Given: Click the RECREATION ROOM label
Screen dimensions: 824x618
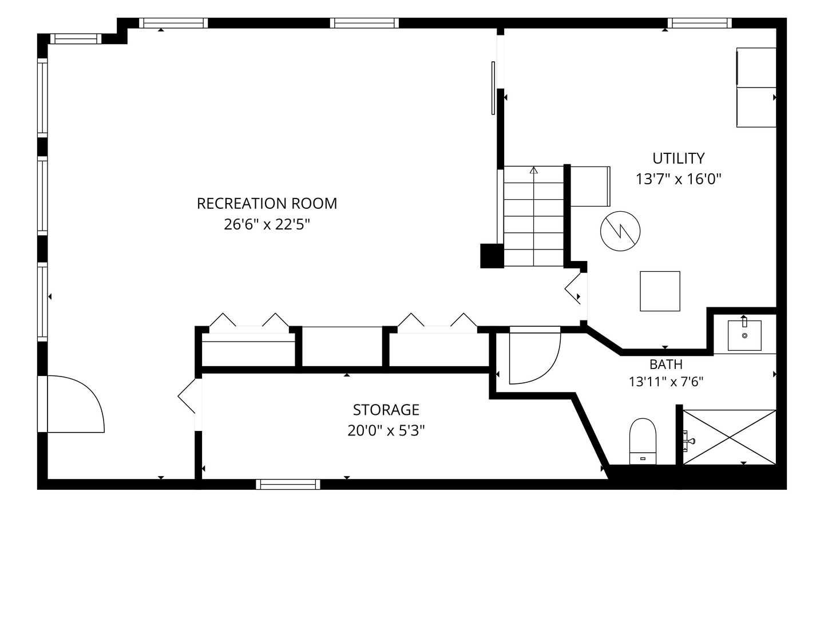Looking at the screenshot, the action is pyautogui.click(x=267, y=204).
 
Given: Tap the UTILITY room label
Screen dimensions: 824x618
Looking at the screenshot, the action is pyautogui.click(x=678, y=159).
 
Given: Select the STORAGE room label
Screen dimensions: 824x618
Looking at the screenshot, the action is pyautogui.click(x=386, y=410).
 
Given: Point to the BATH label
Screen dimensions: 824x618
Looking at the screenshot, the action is pyautogui.click(x=666, y=365).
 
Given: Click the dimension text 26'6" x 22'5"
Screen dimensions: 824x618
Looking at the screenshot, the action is pyautogui.click(x=267, y=225).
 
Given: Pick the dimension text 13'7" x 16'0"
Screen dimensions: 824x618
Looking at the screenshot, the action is pyautogui.click(x=678, y=179).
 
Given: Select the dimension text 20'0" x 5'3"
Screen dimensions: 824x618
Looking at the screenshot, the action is pyautogui.click(x=386, y=431).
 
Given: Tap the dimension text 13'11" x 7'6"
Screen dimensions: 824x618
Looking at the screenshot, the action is pyautogui.click(x=666, y=382).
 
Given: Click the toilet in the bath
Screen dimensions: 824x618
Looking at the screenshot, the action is pyautogui.click(x=643, y=441).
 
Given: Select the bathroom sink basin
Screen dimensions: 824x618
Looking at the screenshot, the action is pyautogui.click(x=744, y=335).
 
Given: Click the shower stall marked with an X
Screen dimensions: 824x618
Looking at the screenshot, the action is pyautogui.click(x=729, y=437).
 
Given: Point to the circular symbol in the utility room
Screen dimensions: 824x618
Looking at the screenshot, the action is pyautogui.click(x=620, y=231).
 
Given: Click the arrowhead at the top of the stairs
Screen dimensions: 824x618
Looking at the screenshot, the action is pyautogui.click(x=533, y=171).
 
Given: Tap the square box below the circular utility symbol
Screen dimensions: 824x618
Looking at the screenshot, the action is pyautogui.click(x=660, y=291).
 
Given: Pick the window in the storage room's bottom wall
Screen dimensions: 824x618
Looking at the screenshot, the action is pyautogui.click(x=288, y=485).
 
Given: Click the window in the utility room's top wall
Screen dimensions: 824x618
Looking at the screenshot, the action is pyautogui.click(x=700, y=23).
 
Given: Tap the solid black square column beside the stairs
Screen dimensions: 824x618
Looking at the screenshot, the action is pyautogui.click(x=492, y=256).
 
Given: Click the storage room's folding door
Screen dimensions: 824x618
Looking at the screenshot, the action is pyautogui.click(x=187, y=396).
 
